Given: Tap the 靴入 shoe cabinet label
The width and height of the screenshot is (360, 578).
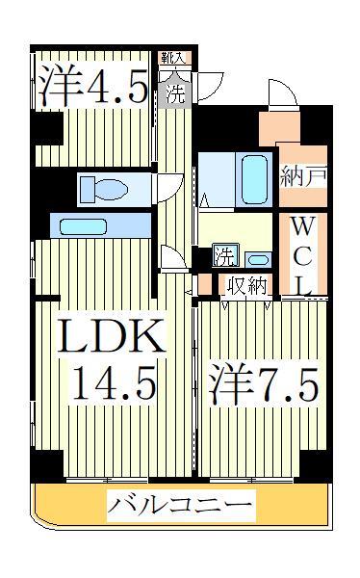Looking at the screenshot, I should pos(173,59).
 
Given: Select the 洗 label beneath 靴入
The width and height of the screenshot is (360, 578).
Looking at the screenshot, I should pos(175,93).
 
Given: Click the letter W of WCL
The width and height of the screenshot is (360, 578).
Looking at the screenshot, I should pos(303,227).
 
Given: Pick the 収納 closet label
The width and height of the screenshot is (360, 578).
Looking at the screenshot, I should pos(246,286).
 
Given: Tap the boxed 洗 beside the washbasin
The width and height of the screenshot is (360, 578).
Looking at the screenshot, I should pos(222,257).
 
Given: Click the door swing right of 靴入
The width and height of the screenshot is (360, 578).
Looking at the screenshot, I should pos(210,83).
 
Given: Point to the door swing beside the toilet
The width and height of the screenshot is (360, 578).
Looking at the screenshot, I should pos(170,186).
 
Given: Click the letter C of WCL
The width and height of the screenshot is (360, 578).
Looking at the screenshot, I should pos(303,255).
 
